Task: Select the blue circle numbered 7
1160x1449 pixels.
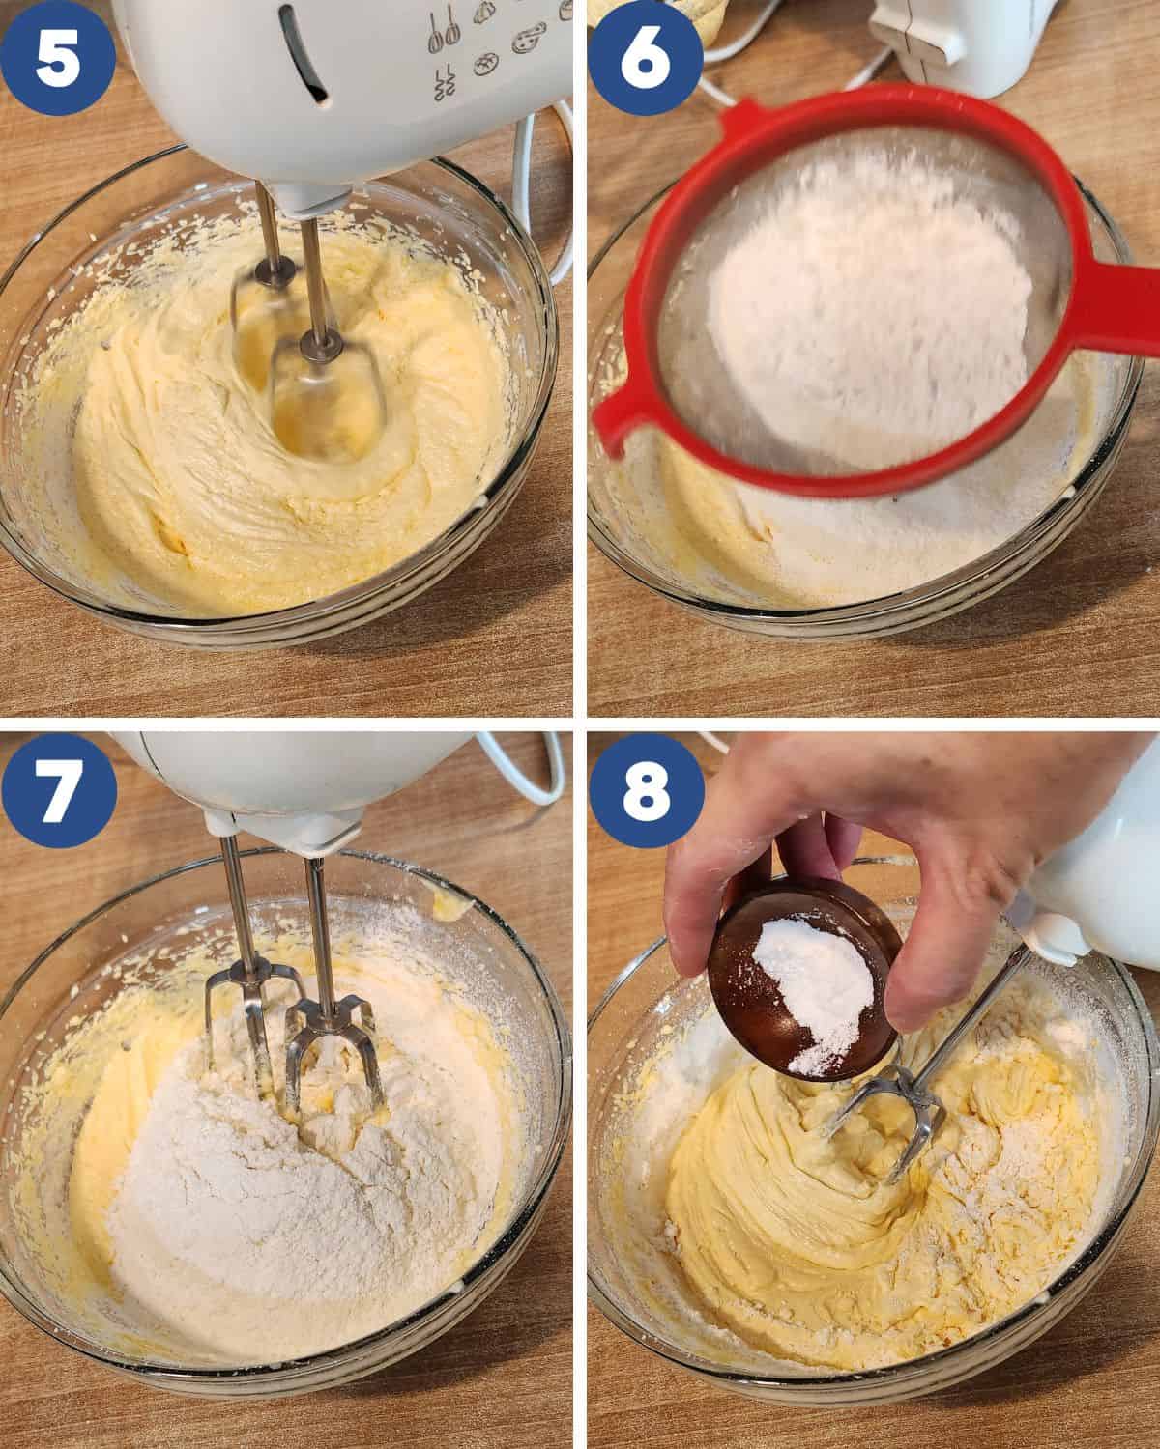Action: point(59,790)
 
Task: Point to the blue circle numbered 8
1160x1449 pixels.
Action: point(647,790)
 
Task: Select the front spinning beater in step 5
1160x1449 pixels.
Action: point(325,397)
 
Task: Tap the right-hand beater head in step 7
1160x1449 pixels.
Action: point(331,1050)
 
